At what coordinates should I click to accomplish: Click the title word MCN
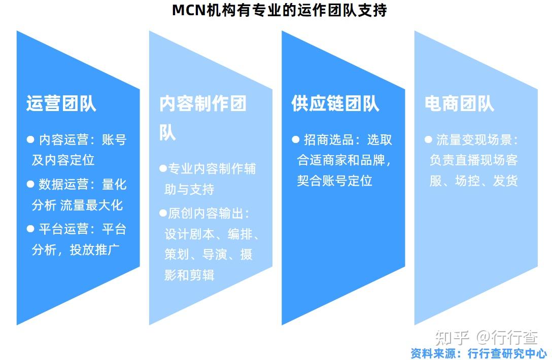(x=188, y=10)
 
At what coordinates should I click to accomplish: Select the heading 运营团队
(x=61, y=103)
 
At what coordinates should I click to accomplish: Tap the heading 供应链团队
(x=335, y=103)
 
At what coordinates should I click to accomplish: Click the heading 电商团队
(x=459, y=103)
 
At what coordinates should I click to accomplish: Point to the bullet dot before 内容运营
(x=30, y=139)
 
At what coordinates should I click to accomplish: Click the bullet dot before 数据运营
(x=30, y=184)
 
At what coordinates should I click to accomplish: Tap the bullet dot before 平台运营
(x=30, y=229)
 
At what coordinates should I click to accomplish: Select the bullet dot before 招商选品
(x=296, y=139)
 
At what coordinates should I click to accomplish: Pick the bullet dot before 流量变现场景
(x=428, y=139)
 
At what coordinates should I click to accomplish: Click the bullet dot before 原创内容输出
(x=163, y=213)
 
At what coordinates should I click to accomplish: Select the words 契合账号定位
(x=335, y=181)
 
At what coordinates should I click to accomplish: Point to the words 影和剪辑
(x=189, y=275)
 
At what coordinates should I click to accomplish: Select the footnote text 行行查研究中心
(x=507, y=353)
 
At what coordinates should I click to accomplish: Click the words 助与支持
(x=189, y=189)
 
